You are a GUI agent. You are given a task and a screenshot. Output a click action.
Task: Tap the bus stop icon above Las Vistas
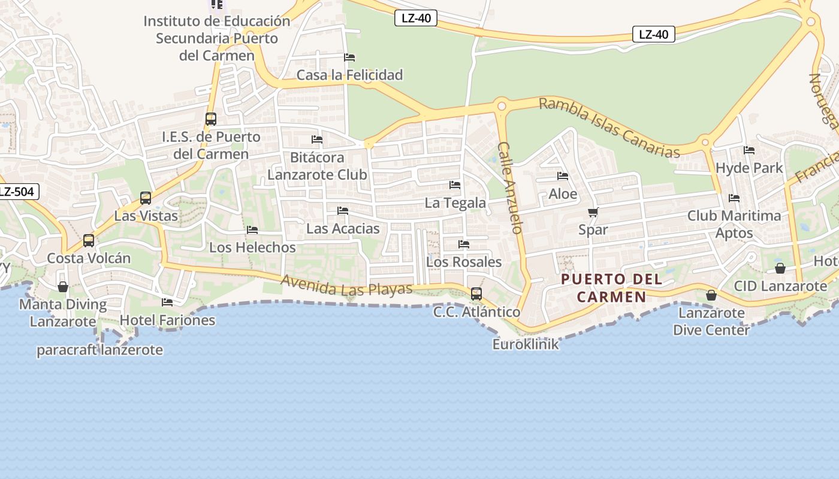tap(146, 198)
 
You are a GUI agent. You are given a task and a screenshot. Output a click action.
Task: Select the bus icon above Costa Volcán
tap(89, 241)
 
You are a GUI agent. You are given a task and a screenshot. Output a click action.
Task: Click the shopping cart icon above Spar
tap(593, 212)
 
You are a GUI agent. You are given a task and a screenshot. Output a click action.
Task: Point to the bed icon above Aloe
tap(563, 176)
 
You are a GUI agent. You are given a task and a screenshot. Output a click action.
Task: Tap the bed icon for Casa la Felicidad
tap(350, 57)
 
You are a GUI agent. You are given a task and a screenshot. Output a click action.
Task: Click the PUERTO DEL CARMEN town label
tap(611, 288)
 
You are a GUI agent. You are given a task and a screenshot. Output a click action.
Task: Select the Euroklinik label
tap(526, 344)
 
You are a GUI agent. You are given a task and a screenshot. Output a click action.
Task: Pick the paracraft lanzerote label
tap(99, 350)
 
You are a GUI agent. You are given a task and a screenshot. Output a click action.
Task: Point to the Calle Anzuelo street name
tap(511, 187)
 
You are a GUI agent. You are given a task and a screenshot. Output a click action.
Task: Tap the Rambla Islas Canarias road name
tap(609, 128)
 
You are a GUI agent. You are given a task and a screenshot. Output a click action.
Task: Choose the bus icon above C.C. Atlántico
tap(476, 294)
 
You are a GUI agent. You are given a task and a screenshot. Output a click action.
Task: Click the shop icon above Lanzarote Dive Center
tap(711, 295)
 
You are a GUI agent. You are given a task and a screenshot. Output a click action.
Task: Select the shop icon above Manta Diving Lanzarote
tap(63, 287)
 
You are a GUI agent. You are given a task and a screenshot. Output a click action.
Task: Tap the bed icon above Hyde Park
tap(749, 150)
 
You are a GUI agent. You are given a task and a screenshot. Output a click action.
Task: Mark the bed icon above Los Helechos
tap(252, 230)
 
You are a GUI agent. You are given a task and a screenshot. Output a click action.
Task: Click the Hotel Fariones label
tap(167, 320)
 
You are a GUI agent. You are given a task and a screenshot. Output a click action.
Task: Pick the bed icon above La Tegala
tap(455, 185)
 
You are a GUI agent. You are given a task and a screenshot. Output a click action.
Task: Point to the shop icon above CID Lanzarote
tap(780, 268)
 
